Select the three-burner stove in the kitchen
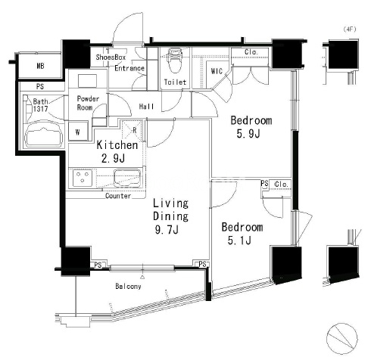click(83, 178)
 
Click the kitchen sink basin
click(127, 178)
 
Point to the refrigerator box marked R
click(132, 130)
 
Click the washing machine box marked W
click(78, 131)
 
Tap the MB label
click(40, 66)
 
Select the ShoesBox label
click(111, 57)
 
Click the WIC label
click(217, 71)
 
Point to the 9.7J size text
click(167, 230)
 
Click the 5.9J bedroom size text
click(248, 134)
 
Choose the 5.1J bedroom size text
click(239, 241)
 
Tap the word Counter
click(118, 196)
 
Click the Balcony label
click(128, 286)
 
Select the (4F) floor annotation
click(350, 29)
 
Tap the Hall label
click(146, 107)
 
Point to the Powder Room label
click(88, 103)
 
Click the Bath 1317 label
click(40, 105)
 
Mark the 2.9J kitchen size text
click(113, 159)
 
